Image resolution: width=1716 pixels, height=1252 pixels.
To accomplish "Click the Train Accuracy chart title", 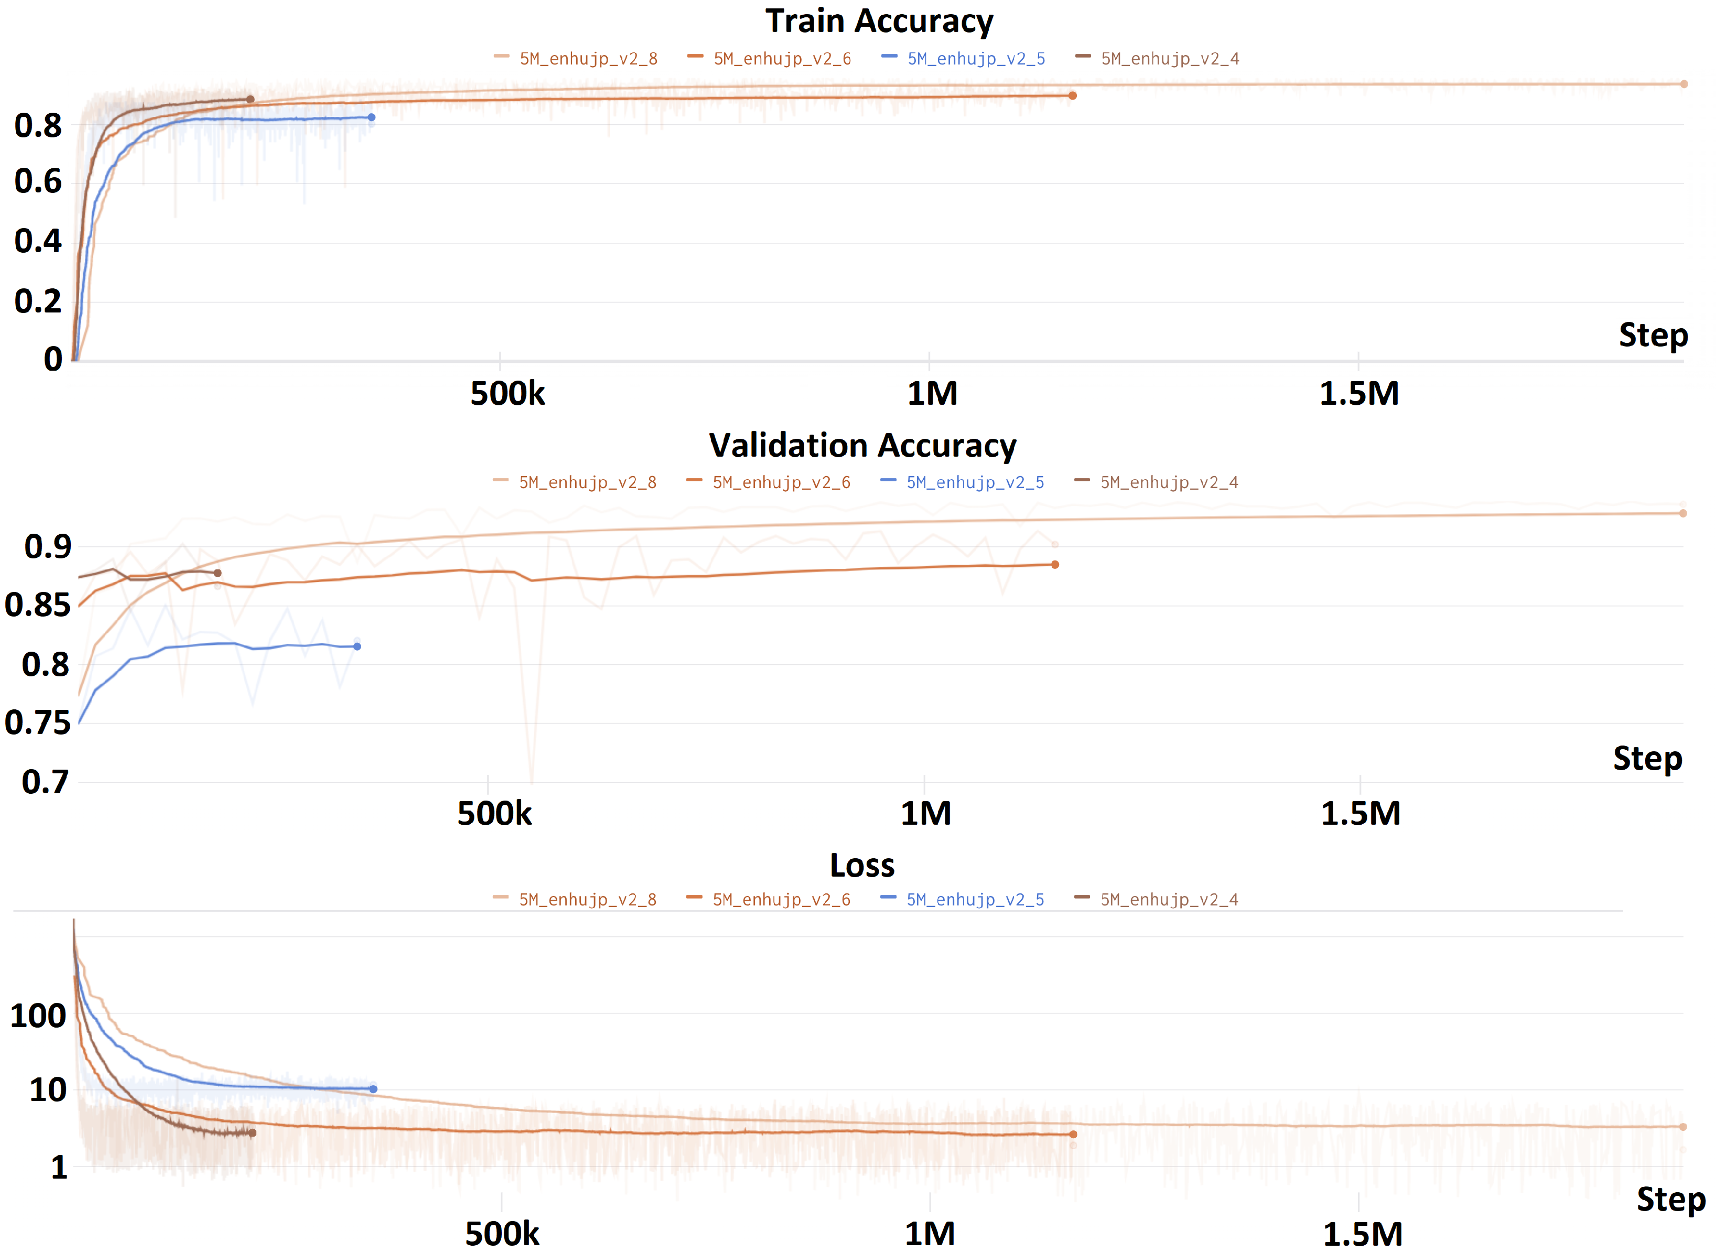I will [879, 21].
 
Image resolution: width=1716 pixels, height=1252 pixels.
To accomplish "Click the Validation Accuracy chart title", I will [862, 446].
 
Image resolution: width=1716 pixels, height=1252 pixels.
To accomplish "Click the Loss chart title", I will [862, 866].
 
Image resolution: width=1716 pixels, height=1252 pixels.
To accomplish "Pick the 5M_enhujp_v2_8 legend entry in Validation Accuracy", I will [587, 482].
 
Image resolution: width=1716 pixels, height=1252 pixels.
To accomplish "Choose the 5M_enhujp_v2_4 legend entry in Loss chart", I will [1169, 900].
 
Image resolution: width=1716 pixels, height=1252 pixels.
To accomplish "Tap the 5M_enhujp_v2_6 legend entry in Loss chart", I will [781, 900].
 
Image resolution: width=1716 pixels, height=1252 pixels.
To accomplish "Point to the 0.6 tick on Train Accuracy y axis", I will [38, 182].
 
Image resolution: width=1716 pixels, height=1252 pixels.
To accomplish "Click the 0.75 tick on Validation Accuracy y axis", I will [37, 723].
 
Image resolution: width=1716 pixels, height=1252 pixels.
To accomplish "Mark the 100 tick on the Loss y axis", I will [38, 1016].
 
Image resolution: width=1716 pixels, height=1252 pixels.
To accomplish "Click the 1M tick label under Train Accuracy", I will [932, 393].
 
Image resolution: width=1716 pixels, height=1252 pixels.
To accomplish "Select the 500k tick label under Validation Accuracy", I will [494, 814].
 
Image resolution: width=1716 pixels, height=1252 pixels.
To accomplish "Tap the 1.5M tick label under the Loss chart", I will [1362, 1235].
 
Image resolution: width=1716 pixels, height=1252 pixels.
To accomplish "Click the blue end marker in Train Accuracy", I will [371, 117].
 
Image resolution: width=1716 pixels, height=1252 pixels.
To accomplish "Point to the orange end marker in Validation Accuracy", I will [1054, 565].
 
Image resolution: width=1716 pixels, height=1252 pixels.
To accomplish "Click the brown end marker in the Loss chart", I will [252, 1133].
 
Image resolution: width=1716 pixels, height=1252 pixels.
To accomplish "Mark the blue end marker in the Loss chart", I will [373, 1089].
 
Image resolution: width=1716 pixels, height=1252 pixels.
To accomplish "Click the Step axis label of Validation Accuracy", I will [1647, 759].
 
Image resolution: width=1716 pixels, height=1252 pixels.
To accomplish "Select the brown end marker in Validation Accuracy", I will [218, 573].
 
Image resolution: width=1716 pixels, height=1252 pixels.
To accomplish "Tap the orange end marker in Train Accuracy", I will [1073, 95].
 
